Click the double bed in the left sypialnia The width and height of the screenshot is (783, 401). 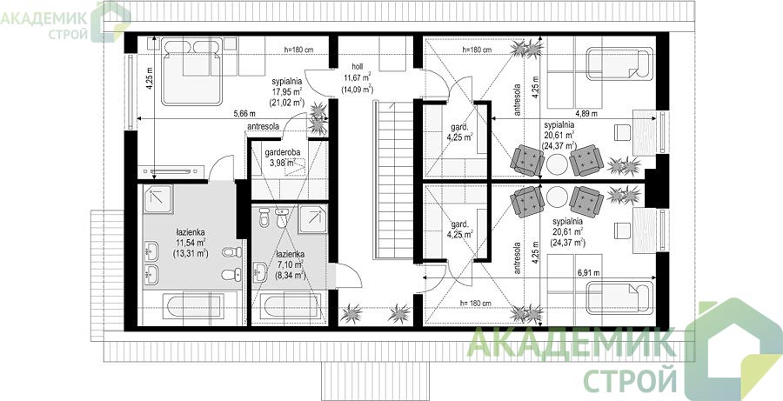(x=191, y=72)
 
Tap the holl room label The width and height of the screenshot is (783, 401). (x=357, y=77)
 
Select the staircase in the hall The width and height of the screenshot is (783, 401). (x=393, y=180)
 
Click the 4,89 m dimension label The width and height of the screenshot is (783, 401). (x=586, y=114)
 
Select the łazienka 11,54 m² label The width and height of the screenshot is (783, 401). (x=191, y=243)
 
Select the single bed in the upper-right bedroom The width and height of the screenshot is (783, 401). (x=619, y=63)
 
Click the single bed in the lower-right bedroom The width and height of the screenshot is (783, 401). (x=619, y=298)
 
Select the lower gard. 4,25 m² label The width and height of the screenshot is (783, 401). (x=460, y=229)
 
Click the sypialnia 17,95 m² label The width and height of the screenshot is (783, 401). (x=288, y=92)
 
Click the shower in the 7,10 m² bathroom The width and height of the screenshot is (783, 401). (x=313, y=218)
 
